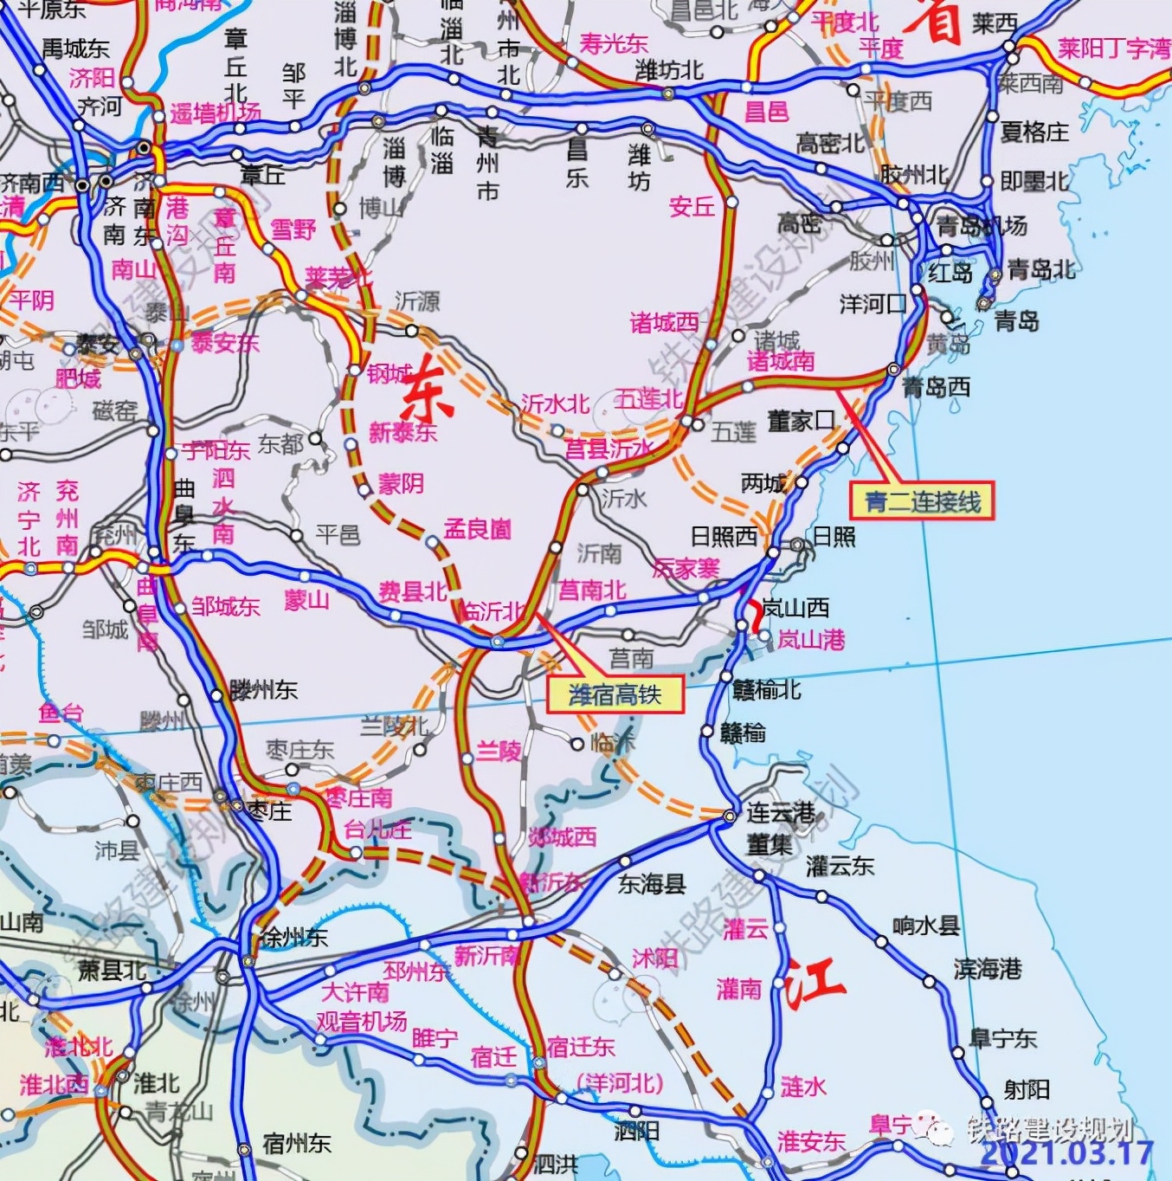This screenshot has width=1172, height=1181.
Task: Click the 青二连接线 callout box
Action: tap(922, 501)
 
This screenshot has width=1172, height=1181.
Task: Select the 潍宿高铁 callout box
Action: tap(615, 694)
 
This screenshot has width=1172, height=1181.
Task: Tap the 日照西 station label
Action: tap(724, 537)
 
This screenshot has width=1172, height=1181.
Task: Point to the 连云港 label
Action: tap(781, 812)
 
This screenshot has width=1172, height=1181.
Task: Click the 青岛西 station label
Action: tap(936, 387)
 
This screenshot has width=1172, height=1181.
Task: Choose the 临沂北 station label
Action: tap(493, 611)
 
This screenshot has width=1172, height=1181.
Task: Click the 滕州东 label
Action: tap(263, 690)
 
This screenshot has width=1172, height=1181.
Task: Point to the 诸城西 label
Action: tap(664, 323)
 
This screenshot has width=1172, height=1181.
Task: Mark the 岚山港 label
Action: tap(810, 640)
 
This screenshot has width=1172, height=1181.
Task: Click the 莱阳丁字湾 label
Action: tap(1113, 48)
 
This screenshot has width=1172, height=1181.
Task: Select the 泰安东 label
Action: tap(224, 343)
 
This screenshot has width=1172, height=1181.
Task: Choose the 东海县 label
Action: tap(651, 883)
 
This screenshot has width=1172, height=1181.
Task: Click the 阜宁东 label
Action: tap(1002, 1037)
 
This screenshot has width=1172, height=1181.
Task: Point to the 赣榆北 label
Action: tap(766, 689)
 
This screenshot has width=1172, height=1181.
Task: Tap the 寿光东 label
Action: tap(613, 43)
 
